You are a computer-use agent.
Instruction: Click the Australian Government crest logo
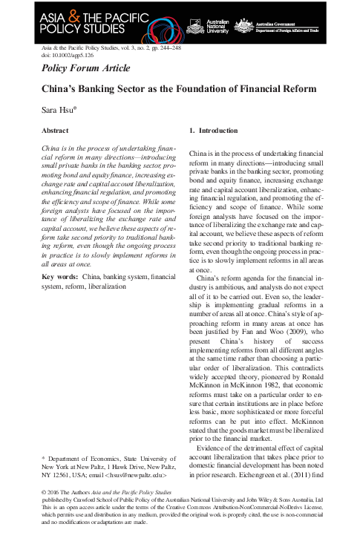(x=243, y=26)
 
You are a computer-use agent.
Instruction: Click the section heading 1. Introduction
(x=213, y=131)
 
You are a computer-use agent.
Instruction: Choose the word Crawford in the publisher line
(x=84, y=500)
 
